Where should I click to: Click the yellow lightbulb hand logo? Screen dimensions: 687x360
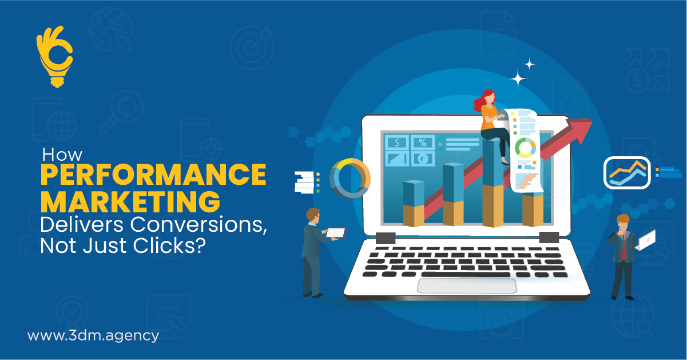[54, 57]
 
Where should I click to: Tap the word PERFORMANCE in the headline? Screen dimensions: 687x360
[153, 175]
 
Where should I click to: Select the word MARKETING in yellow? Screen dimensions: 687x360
[130, 201]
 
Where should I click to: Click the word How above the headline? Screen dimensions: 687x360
[62, 155]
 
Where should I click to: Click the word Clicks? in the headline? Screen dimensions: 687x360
[169, 246]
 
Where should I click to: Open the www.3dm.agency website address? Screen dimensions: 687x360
[93, 335]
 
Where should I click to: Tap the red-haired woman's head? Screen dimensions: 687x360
[489, 98]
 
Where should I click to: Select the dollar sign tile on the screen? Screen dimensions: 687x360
[397, 143]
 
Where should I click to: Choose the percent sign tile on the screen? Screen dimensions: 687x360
[423, 143]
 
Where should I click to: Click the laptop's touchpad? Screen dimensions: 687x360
[467, 286]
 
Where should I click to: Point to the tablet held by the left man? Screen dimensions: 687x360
[336, 232]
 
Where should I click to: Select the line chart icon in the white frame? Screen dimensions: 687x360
[627, 173]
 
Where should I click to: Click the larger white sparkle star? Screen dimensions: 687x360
[518, 79]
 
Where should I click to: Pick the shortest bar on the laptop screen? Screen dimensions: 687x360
[414, 203]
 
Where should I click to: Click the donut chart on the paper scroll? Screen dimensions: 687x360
[525, 147]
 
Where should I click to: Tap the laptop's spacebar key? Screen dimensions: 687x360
[466, 274]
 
